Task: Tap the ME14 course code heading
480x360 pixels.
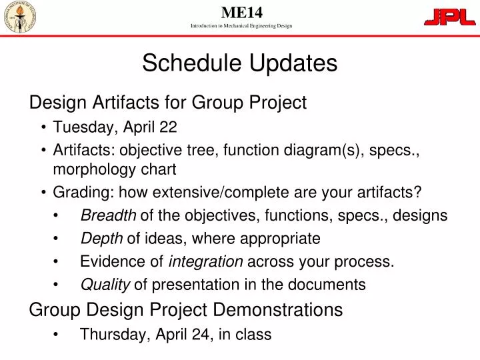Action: point(241,11)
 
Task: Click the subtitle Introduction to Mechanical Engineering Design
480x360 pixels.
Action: point(241,26)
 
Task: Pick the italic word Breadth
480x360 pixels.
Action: point(108,215)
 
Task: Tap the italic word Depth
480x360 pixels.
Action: point(101,238)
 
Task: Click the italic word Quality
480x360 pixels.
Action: point(105,285)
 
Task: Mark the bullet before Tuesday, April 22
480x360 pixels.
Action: point(43,127)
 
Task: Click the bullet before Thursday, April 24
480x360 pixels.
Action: point(59,335)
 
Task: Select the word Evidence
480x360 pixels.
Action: point(107,261)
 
